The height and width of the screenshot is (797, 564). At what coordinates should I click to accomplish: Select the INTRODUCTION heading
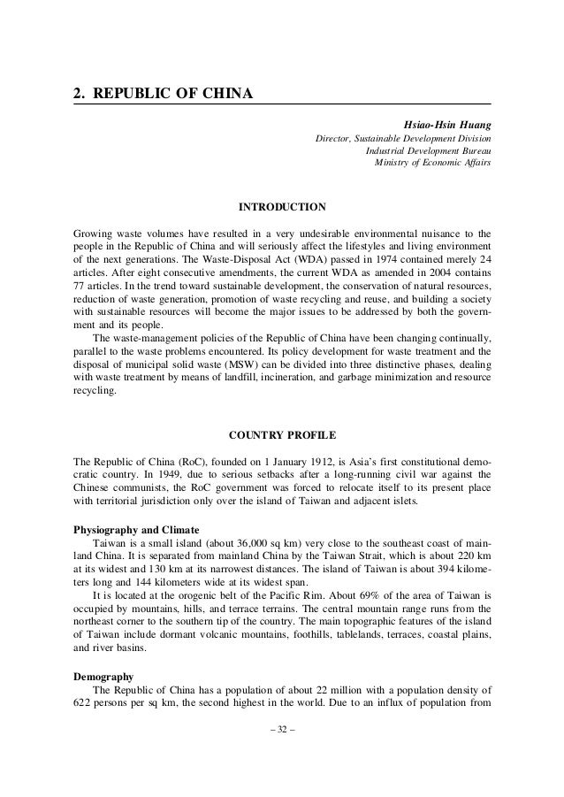(282, 208)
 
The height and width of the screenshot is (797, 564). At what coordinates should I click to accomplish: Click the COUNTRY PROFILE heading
(282, 434)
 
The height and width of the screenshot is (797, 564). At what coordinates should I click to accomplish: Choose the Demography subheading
(102, 676)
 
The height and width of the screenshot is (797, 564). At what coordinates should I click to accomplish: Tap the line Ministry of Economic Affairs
(434, 163)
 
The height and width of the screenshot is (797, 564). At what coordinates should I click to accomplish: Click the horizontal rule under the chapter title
(282, 105)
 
